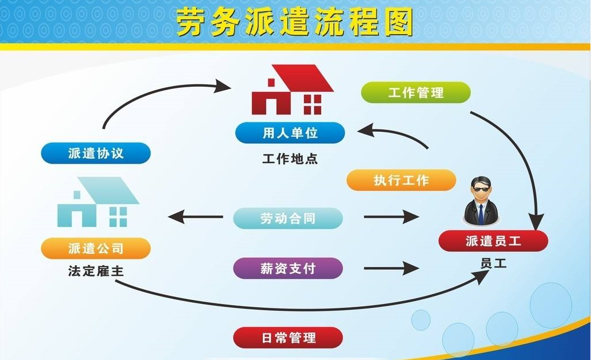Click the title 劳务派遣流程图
(295, 23)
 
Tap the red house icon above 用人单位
(292, 90)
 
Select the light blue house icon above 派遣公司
(98, 202)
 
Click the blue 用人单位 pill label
(290, 133)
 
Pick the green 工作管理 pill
(415, 92)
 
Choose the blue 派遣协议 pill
(96, 153)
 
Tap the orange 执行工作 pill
(401, 180)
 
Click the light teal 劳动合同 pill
(288, 218)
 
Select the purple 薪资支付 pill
(288, 268)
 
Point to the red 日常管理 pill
(288, 337)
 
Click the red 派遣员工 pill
(493, 240)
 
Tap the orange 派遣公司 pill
(96, 248)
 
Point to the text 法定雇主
(96, 270)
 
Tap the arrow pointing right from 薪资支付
(391, 269)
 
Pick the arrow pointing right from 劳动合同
(391, 218)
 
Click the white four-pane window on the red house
(312, 105)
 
